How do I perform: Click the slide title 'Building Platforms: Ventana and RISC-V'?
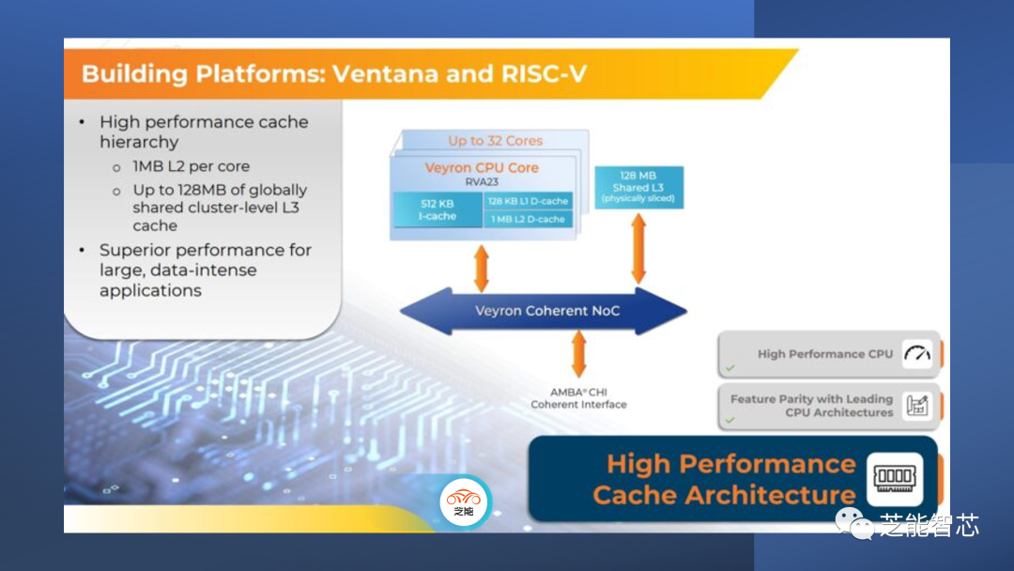[334, 73]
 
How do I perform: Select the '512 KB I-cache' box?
[437, 208]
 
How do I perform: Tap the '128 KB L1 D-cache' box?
[528, 201]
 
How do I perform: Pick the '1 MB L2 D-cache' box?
[528, 219]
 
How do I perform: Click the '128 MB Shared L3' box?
[638, 187]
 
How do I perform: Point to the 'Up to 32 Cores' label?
[495, 141]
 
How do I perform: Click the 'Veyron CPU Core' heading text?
[482, 168]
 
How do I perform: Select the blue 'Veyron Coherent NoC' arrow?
[544, 311]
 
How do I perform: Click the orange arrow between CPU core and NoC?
[482, 268]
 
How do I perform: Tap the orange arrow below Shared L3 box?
[638, 249]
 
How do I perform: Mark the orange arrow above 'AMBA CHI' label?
[578, 354]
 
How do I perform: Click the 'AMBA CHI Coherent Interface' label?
[578, 398]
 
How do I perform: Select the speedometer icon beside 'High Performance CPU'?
[917, 354]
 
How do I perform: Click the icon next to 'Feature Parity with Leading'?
[917, 406]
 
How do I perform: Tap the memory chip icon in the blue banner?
[894, 479]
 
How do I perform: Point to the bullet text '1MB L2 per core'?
[191, 166]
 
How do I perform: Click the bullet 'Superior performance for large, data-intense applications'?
[205, 270]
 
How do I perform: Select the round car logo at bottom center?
[464, 502]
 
